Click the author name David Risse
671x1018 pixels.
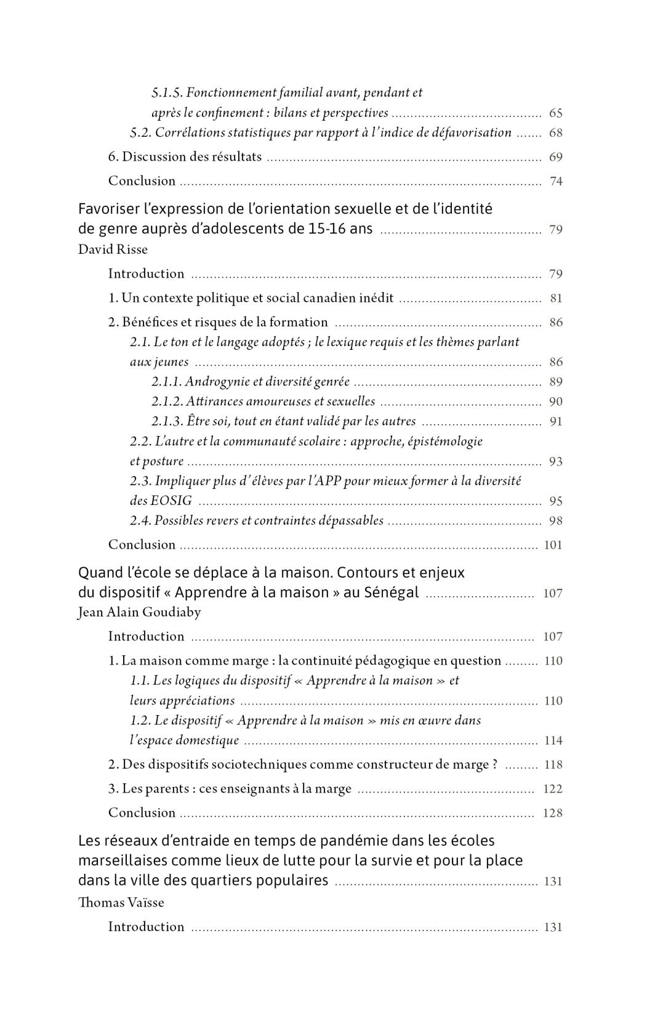click(113, 249)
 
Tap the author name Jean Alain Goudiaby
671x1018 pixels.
click(139, 612)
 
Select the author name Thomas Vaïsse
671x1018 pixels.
click(121, 903)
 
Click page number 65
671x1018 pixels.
click(555, 113)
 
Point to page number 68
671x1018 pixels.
click(555, 133)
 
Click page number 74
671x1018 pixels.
click(555, 181)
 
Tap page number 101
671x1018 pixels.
click(553, 545)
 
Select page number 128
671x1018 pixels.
click(553, 813)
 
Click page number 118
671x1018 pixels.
click(553, 765)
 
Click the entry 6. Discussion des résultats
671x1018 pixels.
click(185, 157)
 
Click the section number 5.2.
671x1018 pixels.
click(140, 133)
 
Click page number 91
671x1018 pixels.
click(555, 422)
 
